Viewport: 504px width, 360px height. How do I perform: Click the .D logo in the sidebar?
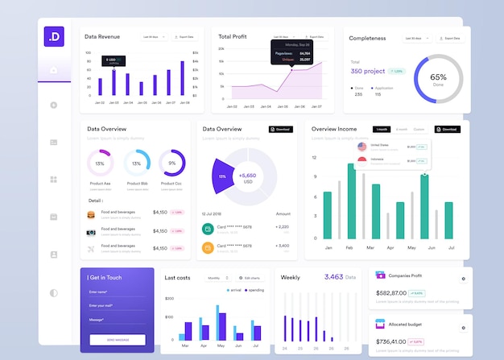coord(54,36)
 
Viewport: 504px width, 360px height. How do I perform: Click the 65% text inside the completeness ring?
coord(438,78)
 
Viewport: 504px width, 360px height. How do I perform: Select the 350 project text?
coord(368,71)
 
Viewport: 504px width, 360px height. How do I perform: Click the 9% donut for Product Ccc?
coord(171,163)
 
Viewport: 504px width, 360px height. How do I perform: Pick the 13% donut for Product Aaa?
coord(100,163)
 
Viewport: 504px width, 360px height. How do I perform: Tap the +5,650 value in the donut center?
coord(247,176)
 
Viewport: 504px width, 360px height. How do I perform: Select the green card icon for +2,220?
coord(208,228)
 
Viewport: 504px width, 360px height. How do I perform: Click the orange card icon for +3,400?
coord(208,247)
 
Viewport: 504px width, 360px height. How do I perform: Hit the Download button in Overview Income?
coord(448,129)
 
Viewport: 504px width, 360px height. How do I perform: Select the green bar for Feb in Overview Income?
coord(352,201)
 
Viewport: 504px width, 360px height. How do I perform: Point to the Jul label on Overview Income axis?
coord(449,247)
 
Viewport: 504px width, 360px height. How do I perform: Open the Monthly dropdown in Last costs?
coord(218,278)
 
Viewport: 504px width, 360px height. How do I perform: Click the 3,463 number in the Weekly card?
coord(333,277)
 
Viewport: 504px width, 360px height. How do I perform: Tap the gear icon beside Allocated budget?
coord(463,328)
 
